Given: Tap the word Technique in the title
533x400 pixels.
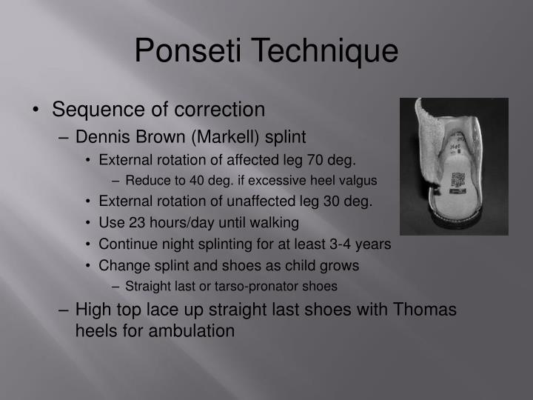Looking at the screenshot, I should [326, 51].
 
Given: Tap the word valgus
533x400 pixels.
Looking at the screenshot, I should [358, 179].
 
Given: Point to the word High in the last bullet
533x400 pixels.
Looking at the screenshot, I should [92, 310].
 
